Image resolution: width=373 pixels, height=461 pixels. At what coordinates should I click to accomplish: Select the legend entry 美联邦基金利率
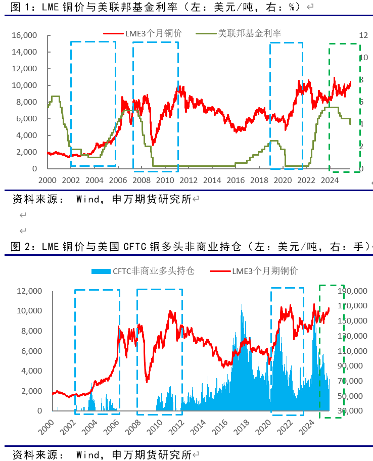tap(249, 33)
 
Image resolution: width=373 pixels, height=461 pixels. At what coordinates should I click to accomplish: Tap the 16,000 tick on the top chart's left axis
tap(24, 35)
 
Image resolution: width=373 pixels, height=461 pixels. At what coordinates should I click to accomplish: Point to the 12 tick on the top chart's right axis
tap(362, 35)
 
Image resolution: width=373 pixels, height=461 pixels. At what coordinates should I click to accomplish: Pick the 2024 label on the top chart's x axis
tap(330, 179)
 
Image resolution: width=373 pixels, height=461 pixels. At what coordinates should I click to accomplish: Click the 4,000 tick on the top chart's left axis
tap(26, 135)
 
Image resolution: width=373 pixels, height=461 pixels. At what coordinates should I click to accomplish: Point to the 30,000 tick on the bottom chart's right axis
tap(353, 411)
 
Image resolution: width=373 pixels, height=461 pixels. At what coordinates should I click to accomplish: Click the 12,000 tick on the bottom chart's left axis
tap(28, 291)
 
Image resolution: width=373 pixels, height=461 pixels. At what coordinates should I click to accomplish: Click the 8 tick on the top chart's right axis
tap(361, 80)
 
